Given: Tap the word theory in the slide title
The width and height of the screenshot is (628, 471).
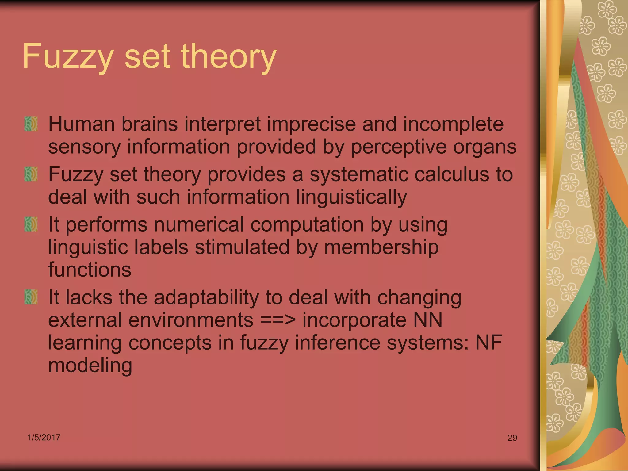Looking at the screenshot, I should coord(229,57).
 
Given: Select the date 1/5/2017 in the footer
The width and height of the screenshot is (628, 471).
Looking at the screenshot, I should coord(44,437).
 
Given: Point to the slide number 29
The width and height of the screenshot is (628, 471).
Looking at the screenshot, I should coord(512,438).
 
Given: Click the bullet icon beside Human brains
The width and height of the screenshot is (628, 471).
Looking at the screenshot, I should coord(31,124).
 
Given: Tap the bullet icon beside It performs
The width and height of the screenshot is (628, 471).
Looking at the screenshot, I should coord(31,224).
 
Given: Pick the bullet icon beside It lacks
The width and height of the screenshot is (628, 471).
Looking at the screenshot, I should coord(31,297).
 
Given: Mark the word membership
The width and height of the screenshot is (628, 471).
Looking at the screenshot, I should coord(381,247).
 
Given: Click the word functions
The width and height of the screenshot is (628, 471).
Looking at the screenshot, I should coord(90,270).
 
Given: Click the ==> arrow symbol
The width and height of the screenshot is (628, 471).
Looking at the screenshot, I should coord(278,320).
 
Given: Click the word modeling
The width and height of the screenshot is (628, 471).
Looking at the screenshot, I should coord(90,366).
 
